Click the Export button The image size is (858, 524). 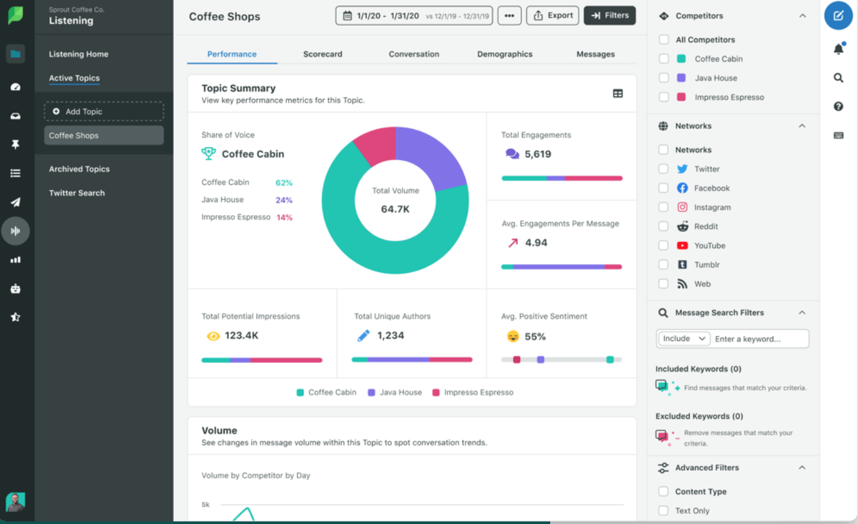[x=552, y=15]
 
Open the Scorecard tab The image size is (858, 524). [x=323, y=54]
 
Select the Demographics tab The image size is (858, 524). [x=505, y=54]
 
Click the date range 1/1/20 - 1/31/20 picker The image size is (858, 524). [x=414, y=15]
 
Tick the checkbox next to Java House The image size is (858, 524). [x=664, y=78]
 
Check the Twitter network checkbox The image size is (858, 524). [x=664, y=169]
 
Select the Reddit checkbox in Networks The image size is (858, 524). [x=664, y=227]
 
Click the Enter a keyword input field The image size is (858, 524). [x=761, y=338]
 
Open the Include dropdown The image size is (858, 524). [x=684, y=338]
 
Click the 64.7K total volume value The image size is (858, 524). [x=395, y=209]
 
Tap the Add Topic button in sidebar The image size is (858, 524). [x=104, y=111]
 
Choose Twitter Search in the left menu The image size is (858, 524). [x=77, y=193]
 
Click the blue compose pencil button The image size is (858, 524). [x=838, y=15]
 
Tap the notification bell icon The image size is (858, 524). [x=838, y=49]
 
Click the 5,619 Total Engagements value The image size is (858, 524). [x=537, y=154]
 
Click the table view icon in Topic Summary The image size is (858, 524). [x=618, y=93]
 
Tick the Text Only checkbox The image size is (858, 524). [x=664, y=511]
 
